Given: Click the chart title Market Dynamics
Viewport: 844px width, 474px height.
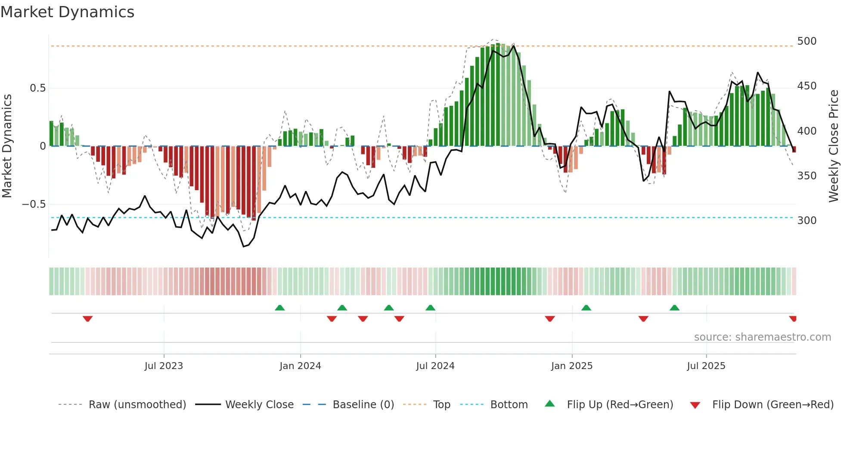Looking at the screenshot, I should pos(67,12).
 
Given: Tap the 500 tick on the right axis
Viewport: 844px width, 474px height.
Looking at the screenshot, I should pos(807,41).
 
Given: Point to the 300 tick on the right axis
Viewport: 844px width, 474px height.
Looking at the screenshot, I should pos(807,221).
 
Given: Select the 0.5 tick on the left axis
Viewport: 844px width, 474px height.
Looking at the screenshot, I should pos(37,88).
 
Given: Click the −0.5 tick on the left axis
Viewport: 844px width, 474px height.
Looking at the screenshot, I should pos(34,204).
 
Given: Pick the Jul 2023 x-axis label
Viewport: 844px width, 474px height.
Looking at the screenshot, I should pos(164,366).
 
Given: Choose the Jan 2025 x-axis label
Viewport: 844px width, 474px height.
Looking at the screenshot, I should pos(571,366).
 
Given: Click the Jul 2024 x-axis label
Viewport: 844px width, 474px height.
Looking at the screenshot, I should pos(435,366).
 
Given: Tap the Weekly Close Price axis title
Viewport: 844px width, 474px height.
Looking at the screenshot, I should pos(834,146).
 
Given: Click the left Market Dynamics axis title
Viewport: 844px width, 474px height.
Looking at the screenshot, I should pos(7,146).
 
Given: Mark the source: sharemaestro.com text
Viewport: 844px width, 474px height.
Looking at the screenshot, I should pos(762,337).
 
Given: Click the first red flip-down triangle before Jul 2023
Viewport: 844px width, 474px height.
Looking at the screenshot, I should pos(87,319).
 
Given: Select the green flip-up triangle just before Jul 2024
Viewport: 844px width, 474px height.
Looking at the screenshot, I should pos(430,308).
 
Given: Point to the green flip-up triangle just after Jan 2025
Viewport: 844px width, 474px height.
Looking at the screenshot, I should pos(586,308).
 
